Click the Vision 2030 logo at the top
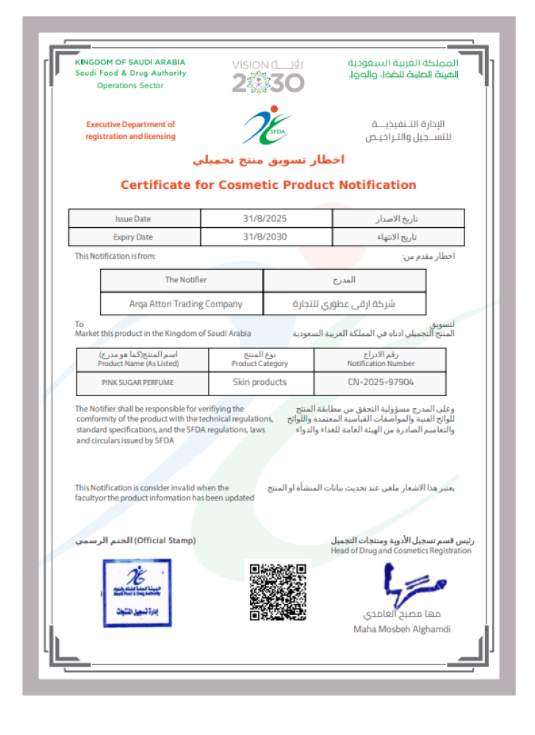(x=267, y=76)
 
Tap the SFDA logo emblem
(x=267, y=126)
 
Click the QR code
(x=277, y=592)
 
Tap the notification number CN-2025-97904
(x=381, y=382)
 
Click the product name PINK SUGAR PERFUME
(x=138, y=383)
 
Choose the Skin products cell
(x=259, y=382)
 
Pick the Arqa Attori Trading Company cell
(x=181, y=303)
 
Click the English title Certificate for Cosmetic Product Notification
(x=268, y=185)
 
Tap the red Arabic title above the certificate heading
(x=268, y=160)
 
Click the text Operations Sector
(x=131, y=85)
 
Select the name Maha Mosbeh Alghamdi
(x=402, y=629)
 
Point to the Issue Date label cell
(x=133, y=219)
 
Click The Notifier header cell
(x=185, y=280)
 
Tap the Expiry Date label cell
(x=133, y=237)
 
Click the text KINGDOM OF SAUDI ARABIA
(x=130, y=62)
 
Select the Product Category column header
(x=259, y=360)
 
